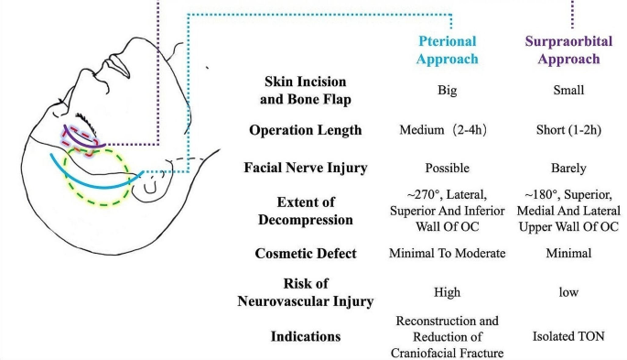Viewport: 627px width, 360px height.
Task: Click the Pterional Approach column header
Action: (x=449, y=49)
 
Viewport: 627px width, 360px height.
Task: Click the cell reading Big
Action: (x=449, y=92)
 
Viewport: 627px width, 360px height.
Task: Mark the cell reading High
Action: (x=449, y=292)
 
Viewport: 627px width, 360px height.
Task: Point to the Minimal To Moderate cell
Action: (x=449, y=252)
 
